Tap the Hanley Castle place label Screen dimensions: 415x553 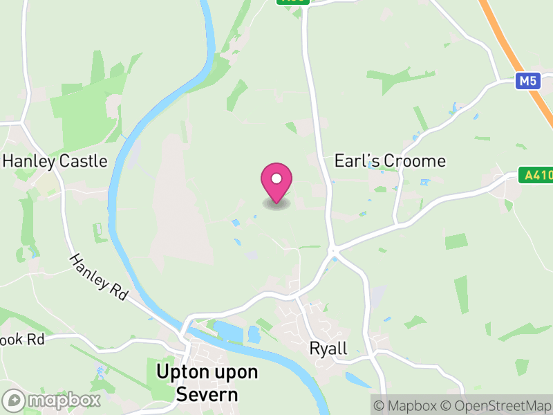point(55,161)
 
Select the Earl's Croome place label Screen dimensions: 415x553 point(390,161)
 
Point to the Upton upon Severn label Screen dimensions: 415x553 point(207,383)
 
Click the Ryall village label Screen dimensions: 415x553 point(328,348)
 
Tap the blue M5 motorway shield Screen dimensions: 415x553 point(527,82)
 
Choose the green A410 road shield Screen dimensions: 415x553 point(536,176)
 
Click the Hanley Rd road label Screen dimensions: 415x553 point(99,277)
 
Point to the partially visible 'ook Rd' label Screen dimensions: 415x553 point(22,340)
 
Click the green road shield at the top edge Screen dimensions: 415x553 point(293,2)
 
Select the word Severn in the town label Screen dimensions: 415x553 point(207,395)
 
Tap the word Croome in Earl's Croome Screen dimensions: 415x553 point(415,161)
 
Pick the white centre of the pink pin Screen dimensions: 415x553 point(276,178)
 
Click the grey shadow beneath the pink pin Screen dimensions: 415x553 point(276,205)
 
